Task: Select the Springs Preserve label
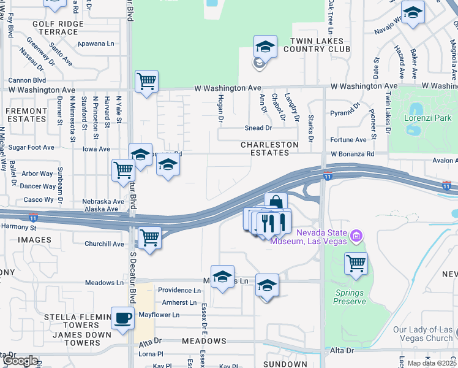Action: tap(350, 297)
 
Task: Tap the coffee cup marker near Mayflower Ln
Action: tap(123, 318)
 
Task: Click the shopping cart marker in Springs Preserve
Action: tap(356, 264)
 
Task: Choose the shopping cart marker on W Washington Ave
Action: tap(146, 81)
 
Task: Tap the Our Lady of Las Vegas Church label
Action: tap(422, 334)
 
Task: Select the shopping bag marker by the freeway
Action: tap(276, 204)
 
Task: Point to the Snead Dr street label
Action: tap(259, 128)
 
